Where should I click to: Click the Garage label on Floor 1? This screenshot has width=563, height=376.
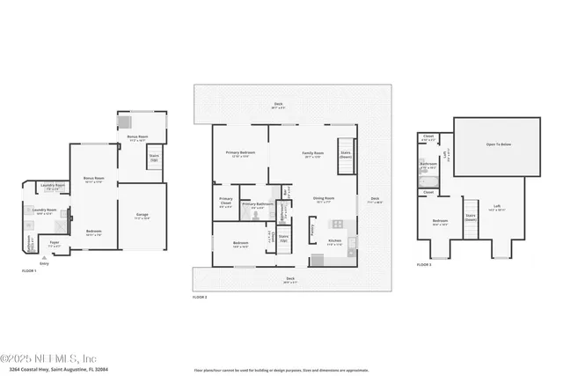[x=142, y=216]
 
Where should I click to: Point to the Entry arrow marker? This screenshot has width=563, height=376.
[x=43, y=261]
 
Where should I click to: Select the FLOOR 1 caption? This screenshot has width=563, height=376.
[x=28, y=270]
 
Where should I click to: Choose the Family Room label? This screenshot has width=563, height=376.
[x=314, y=155]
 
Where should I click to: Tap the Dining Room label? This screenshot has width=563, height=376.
[x=324, y=200]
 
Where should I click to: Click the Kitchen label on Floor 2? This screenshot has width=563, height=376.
[x=334, y=242]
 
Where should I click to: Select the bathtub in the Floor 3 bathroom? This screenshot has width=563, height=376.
[x=424, y=176]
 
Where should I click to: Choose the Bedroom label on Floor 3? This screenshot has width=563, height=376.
[x=440, y=222]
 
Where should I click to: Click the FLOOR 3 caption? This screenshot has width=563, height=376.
[x=424, y=263]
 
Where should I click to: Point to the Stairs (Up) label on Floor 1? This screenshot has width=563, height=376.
[x=154, y=159]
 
